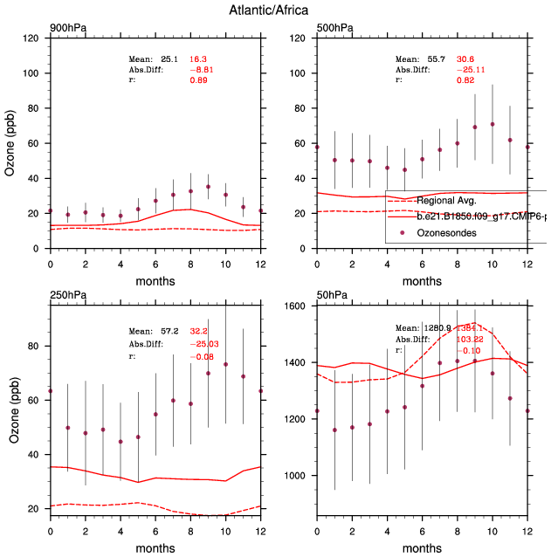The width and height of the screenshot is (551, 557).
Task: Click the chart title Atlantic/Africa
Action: [x=275, y=10]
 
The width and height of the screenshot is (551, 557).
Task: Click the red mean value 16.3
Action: [x=199, y=58]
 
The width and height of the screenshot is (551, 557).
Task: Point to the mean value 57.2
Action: [x=169, y=333]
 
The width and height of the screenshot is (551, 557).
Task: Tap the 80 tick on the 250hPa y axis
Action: [x=36, y=347]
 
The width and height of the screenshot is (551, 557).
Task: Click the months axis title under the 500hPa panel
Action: [x=421, y=281]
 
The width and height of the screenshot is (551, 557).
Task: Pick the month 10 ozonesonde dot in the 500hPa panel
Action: [x=492, y=124]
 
